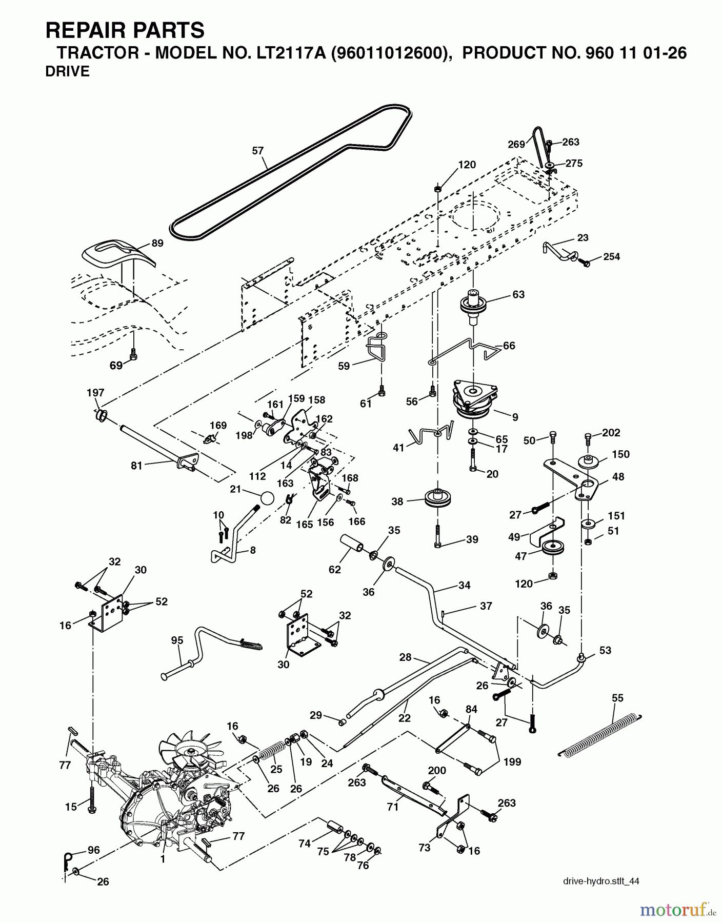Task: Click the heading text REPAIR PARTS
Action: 125,31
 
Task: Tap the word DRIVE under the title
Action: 67,72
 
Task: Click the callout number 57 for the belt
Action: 257,151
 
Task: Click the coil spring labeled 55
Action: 600,734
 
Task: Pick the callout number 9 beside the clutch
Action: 515,417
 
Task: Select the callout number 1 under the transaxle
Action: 163,860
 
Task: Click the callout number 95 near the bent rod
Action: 177,640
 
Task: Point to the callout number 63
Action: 518,294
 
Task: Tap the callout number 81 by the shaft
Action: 136,466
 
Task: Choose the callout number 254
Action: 612,256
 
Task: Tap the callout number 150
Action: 620,454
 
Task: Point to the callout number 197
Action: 95,393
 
